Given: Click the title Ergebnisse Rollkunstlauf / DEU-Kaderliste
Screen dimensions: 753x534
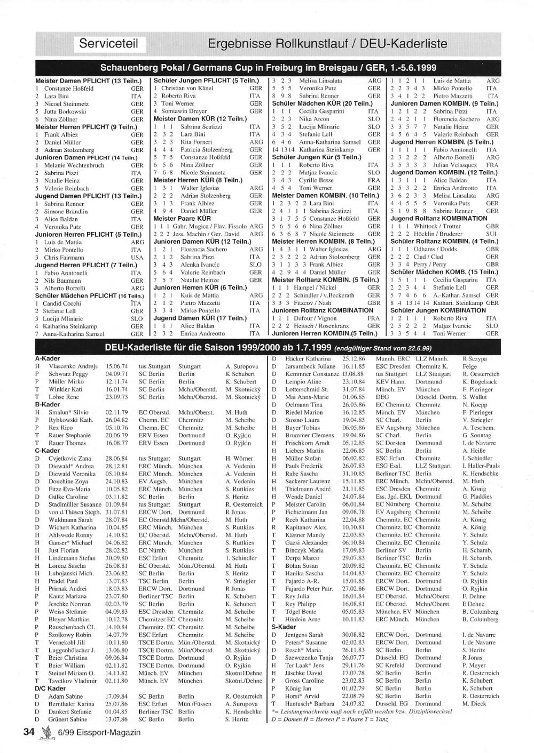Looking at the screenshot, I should tap(327, 43).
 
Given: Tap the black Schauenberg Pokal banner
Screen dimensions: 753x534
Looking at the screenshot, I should tap(268, 68).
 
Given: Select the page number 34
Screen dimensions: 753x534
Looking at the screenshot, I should tap(29, 732).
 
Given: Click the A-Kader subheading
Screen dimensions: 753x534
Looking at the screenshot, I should tap(48, 358).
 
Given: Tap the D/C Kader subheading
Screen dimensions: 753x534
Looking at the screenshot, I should tap(50, 688).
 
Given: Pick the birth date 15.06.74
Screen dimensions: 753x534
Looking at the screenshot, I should tap(117, 366).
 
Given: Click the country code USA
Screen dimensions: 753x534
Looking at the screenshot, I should tap(137, 257).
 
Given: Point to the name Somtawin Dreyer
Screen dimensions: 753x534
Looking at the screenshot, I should tap(184, 111).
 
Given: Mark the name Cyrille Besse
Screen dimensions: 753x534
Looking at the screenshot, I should tap(317, 180).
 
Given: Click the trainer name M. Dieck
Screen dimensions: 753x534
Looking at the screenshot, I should tap(474, 703).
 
